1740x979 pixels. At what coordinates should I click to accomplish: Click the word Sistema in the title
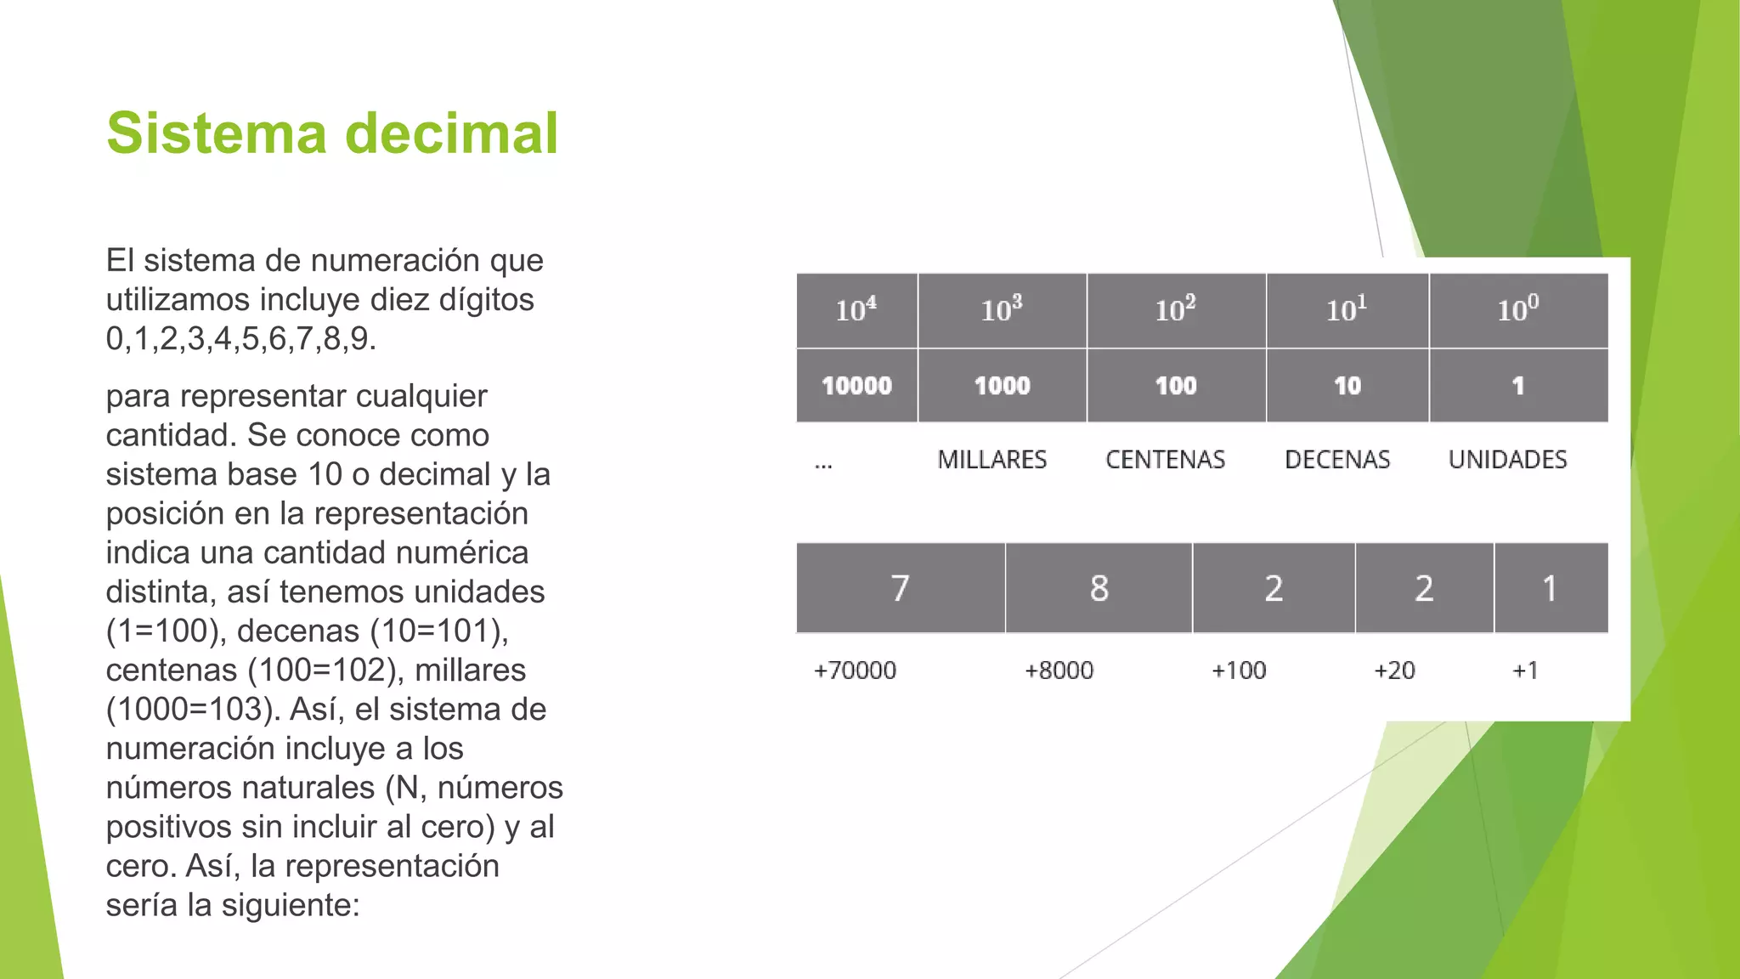(x=217, y=133)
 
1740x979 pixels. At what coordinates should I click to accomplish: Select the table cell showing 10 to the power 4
(x=856, y=310)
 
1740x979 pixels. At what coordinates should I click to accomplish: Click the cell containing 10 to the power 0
(x=1518, y=310)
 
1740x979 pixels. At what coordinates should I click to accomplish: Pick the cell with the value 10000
(x=856, y=386)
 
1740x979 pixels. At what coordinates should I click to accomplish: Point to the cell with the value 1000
(x=1002, y=386)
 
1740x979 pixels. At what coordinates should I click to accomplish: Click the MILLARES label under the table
(x=991, y=460)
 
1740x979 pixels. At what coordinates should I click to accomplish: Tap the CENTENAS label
(x=1165, y=460)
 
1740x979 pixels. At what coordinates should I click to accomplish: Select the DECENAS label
(x=1337, y=460)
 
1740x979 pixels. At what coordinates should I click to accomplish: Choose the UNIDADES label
(x=1507, y=460)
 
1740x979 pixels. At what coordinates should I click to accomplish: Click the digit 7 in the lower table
(x=900, y=588)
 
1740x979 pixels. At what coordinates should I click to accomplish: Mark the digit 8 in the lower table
(x=1099, y=588)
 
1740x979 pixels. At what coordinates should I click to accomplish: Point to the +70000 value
(x=855, y=671)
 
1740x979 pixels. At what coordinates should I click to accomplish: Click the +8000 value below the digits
(x=1059, y=671)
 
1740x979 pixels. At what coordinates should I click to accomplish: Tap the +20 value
(x=1394, y=671)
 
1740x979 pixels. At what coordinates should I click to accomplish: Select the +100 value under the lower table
(x=1239, y=671)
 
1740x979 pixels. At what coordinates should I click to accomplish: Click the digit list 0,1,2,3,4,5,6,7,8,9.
(x=240, y=339)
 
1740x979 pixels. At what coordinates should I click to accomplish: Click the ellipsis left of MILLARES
(x=823, y=465)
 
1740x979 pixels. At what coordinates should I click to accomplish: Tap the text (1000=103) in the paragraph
(x=193, y=710)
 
